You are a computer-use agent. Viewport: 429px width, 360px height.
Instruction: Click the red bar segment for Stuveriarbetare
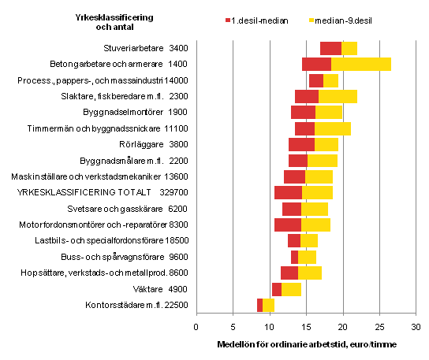[x=330, y=48]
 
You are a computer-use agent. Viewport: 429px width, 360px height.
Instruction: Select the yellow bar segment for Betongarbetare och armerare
[x=360, y=64]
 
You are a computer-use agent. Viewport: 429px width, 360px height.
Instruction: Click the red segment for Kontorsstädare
[x=259, y=305]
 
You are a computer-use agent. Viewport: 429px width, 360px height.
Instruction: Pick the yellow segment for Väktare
[x=291, y=289]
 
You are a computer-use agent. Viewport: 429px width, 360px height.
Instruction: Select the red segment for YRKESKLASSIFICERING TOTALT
[x=288, y=192]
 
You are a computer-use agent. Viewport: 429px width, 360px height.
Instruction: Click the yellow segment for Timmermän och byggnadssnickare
[x=332, y=128]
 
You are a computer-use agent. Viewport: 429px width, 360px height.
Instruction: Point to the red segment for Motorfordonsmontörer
[x=287, y=225]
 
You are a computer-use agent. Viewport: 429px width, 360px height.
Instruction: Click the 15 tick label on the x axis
[x=306, y=325]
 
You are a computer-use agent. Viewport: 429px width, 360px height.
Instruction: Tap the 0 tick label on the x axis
[x=196, y=325]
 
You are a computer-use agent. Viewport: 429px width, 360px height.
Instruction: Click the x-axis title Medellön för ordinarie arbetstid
[x=306, y=344]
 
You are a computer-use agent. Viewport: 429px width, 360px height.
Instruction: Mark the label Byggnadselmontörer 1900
[x=139, y=112]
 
